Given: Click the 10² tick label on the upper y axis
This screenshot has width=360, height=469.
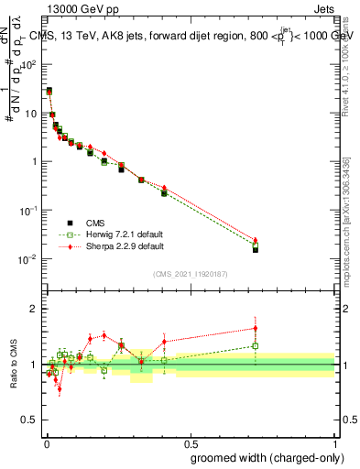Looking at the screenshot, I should pyautogui.click(x=30, y=65).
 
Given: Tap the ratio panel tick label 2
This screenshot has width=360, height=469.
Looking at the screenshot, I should pyautogui.click(x=34, y=309).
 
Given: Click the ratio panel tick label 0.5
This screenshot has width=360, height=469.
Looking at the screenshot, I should pyautogui.click(x=30, y=420).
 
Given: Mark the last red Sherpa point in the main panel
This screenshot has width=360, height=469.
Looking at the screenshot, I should pyautogui.click(x=256, y=240).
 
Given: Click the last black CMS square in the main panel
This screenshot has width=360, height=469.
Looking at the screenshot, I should pyautogui.click(x=256, y=249).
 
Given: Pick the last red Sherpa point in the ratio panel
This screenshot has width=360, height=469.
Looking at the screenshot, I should pyautogui.click(x=256, y=328).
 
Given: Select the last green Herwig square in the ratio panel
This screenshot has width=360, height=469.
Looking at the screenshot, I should pyautogui.click(x=256, y=346).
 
